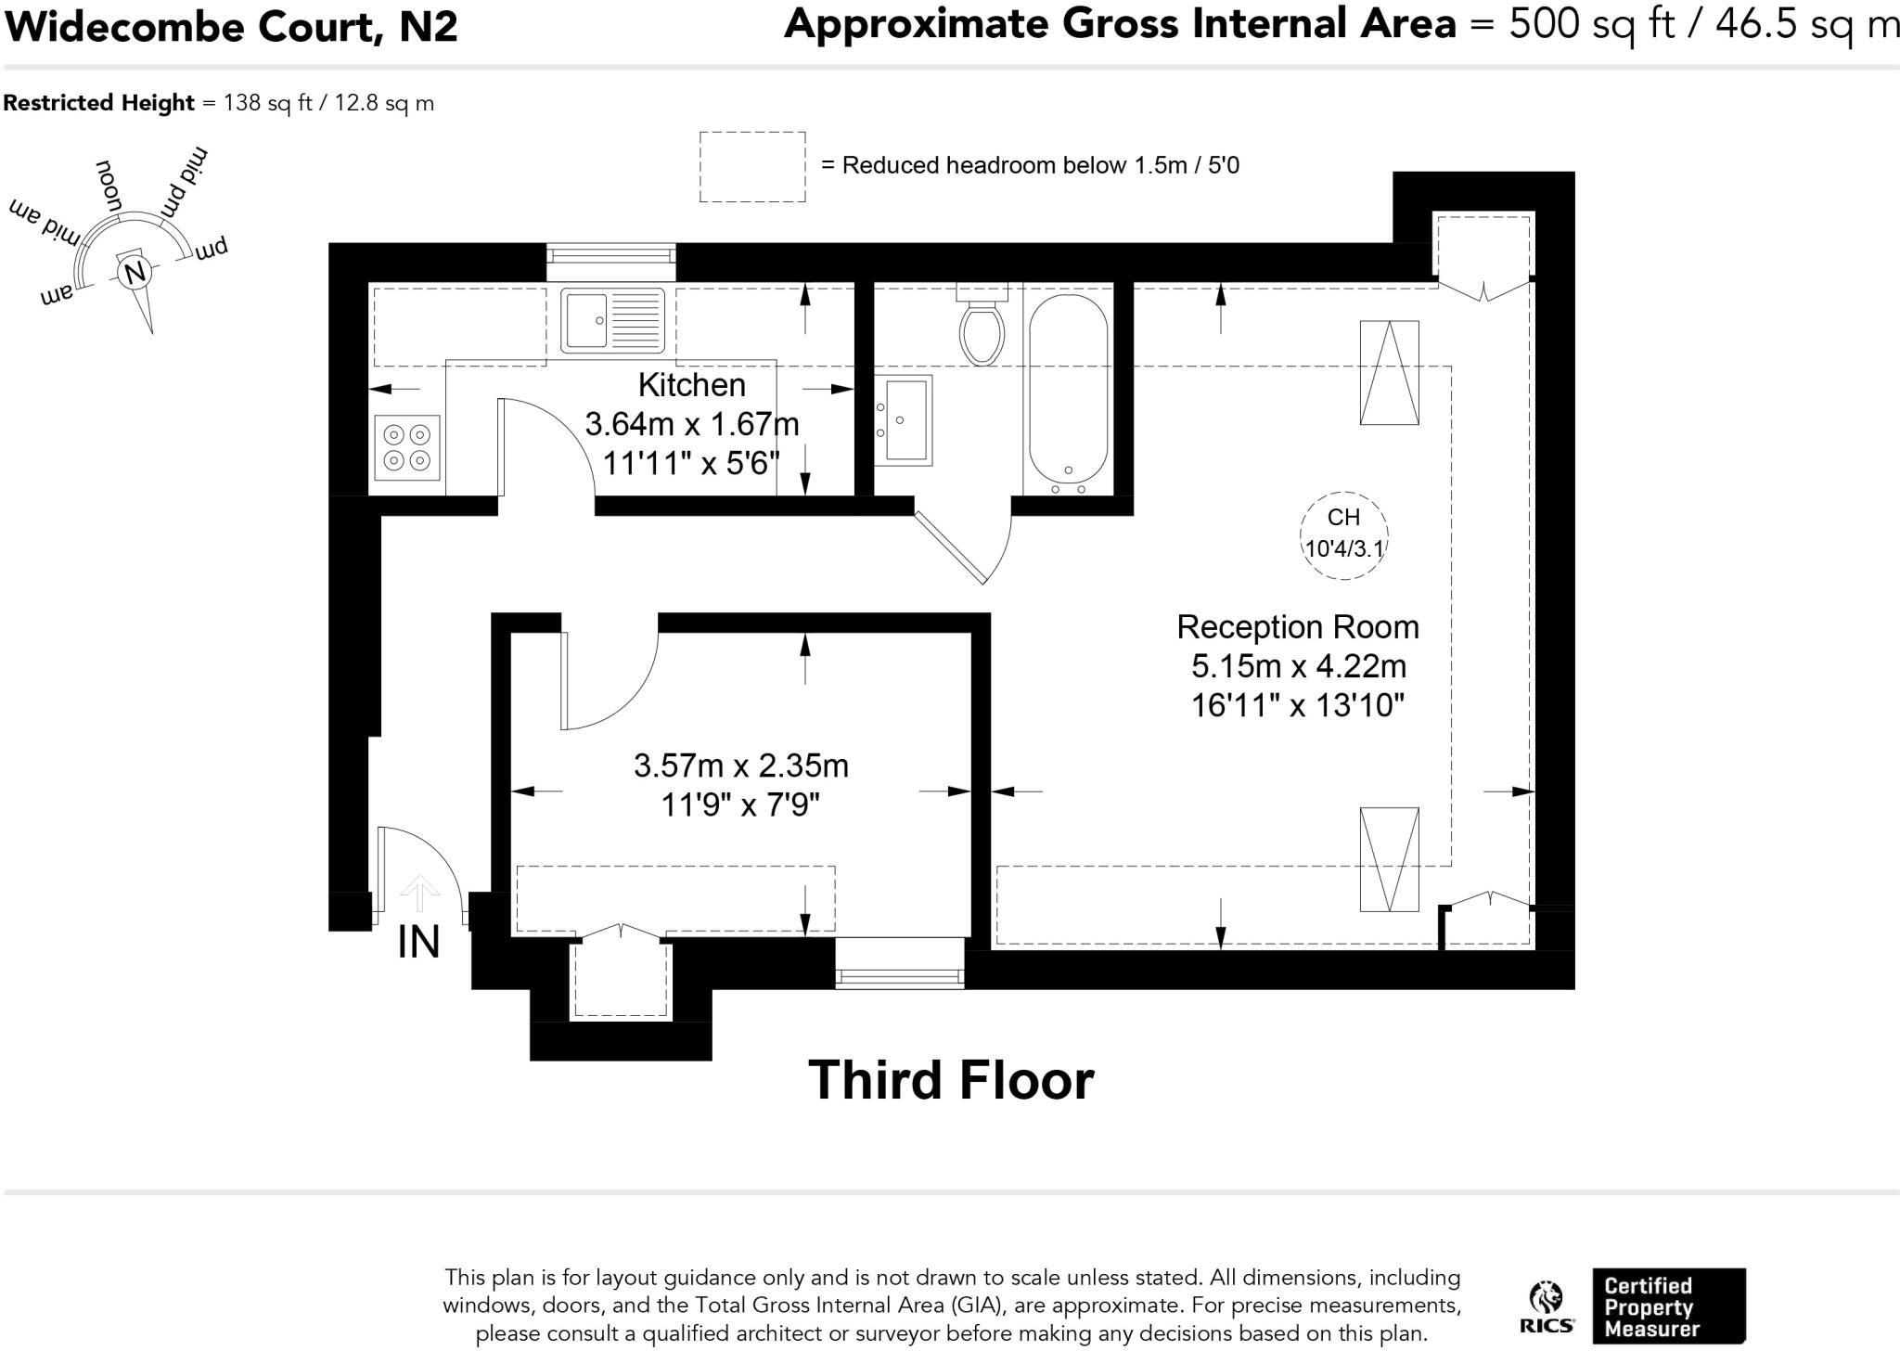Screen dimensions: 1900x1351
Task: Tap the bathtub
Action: tap(1068, 394)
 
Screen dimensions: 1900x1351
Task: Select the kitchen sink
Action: tap(612, 320)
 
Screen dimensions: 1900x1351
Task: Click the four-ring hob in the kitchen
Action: tap(407, 447)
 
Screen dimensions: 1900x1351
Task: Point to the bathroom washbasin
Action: tap(904, 419)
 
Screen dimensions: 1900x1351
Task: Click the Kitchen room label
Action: tap(692, 384)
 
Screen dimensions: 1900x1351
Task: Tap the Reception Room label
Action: tap(1298, 627)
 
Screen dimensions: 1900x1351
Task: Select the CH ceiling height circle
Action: tap(1344, 536)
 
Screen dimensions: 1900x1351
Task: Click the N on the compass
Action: tap(135, 272)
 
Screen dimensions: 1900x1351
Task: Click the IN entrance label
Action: tap(418, 942)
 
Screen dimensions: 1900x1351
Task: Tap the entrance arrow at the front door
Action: tap(420, 893)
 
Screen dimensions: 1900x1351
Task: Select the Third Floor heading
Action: tap(952, 1080)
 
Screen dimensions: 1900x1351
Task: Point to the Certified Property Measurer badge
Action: tap(1669, 1306)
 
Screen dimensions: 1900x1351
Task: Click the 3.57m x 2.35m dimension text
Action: tap(741, 766)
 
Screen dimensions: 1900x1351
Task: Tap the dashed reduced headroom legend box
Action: tap(752, 167)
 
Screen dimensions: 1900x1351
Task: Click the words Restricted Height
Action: tap(98, 102)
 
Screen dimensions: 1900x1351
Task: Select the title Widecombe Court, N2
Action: tap(231, 26)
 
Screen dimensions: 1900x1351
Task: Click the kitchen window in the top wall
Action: tap(611, 262)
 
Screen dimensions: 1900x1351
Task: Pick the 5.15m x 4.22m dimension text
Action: tap(1299, 666)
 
